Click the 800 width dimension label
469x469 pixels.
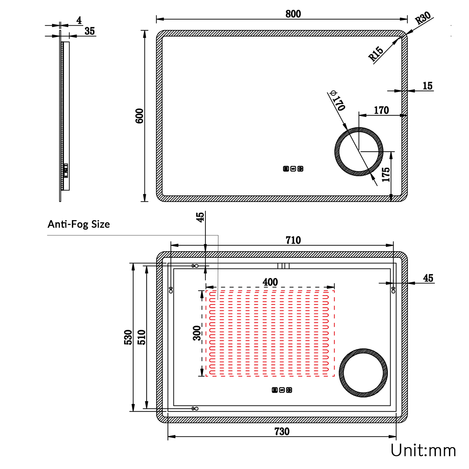click(293, 14)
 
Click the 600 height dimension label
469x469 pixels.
click(139, 116)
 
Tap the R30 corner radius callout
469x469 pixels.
click(423, 18)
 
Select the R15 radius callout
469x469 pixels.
click(376, 53)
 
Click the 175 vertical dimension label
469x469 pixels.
click(386, 174)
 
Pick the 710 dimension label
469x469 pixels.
click(293, 240)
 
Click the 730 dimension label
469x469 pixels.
click(282, 431)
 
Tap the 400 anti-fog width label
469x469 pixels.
click(270, 282)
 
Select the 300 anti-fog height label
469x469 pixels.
click(197, 333)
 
